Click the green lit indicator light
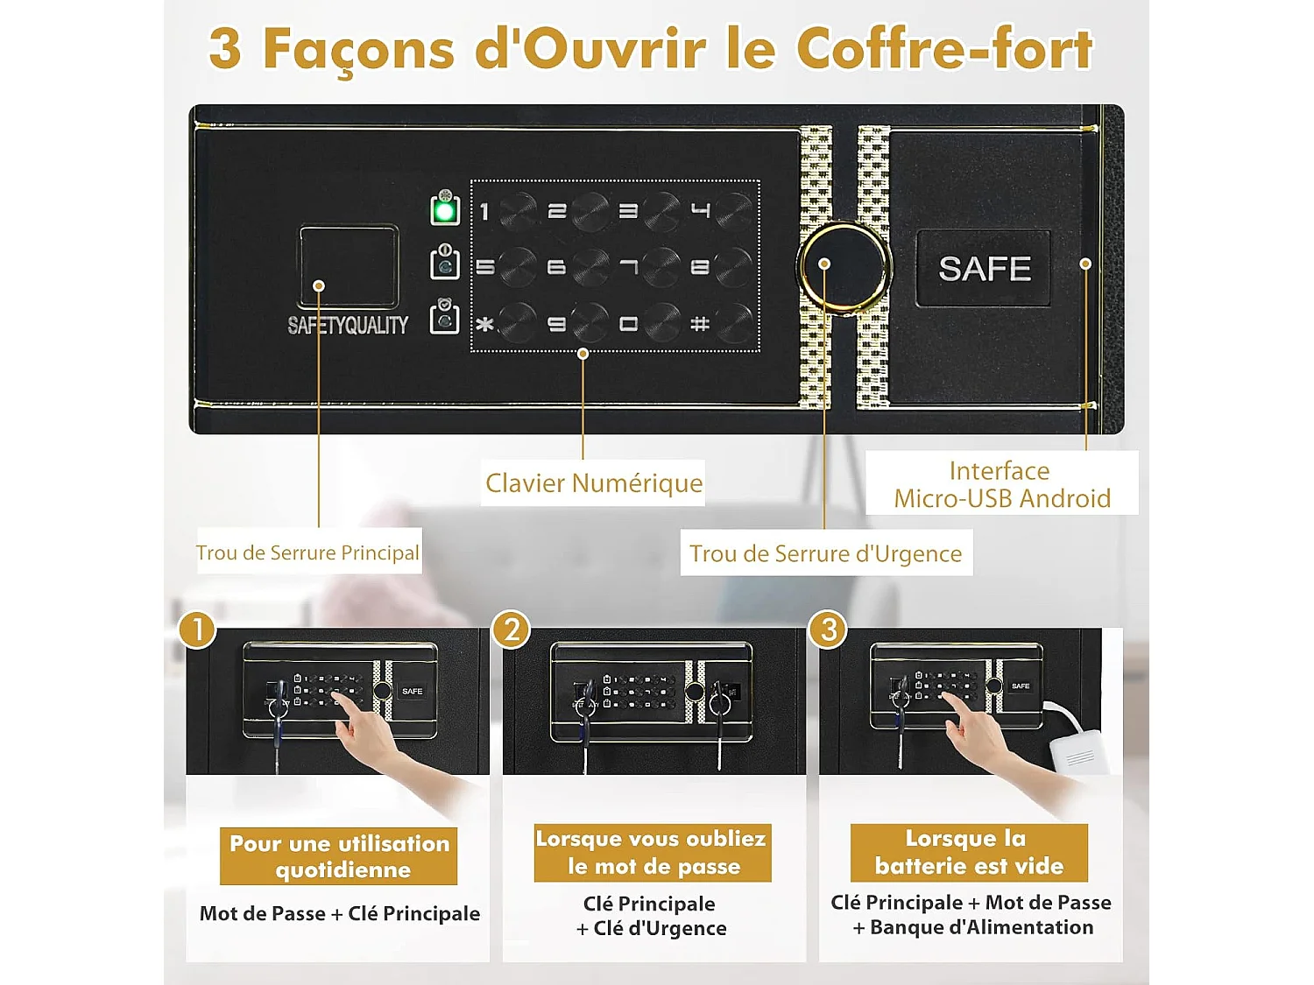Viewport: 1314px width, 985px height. click(445, 210)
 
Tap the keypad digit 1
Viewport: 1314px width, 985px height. click(484, 211)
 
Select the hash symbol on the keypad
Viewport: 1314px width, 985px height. click(699, 324)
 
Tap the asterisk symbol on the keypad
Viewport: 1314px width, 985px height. click(484, 325)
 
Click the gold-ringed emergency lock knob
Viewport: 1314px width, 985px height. click(843, 265)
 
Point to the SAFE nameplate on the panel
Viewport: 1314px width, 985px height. click(984, 269)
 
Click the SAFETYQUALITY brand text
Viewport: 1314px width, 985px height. click(348, 326)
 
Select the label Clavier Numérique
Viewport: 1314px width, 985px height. click(594, 483)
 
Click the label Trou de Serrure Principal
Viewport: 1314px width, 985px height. click(307, 552)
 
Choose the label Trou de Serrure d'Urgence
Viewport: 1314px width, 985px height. click(825, 553)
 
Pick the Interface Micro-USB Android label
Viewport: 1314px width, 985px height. click(1001, 484)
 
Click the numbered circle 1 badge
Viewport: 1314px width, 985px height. click(197, 630)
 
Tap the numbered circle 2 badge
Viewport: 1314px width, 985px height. click(512, 630)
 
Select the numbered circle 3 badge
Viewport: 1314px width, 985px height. click(828, 630)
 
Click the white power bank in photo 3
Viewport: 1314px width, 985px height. click(1078, 751)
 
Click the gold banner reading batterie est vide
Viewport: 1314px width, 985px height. click(969, 853)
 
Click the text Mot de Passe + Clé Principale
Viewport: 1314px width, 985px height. click(340, 914)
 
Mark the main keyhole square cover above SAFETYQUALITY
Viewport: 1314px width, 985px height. click(349, 266)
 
